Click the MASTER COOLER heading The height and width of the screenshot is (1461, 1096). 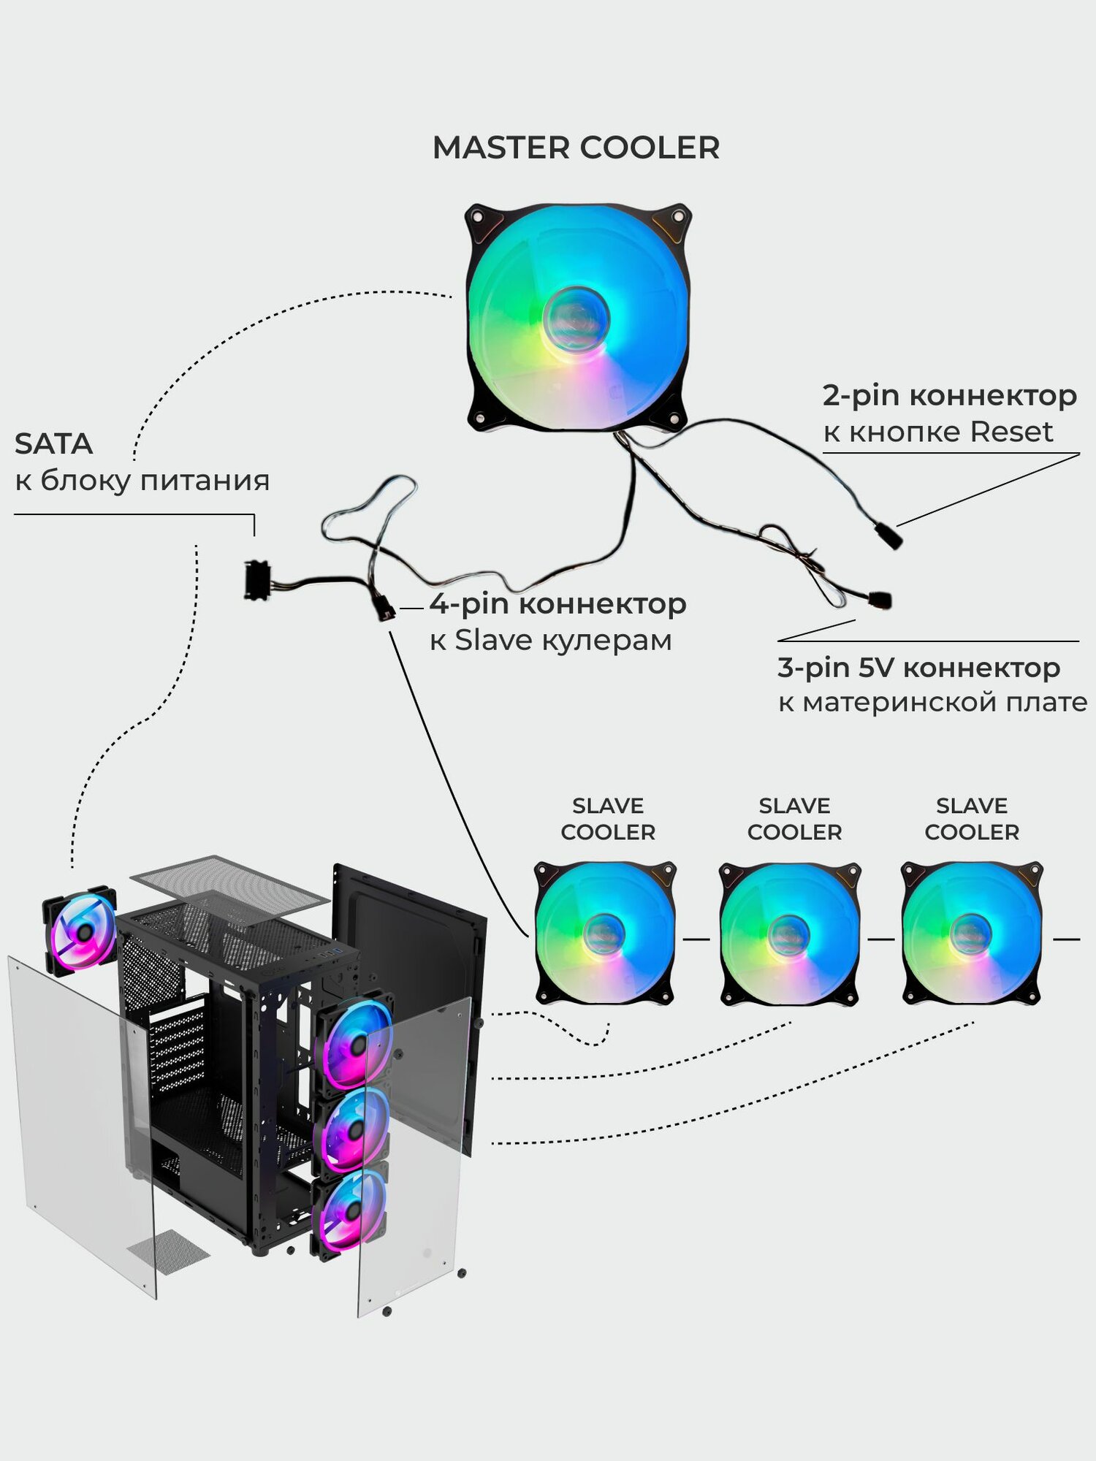tap(576, 148)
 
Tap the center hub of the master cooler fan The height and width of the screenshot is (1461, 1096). tap(576, 318)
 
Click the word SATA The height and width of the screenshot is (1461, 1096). tap(53, 444)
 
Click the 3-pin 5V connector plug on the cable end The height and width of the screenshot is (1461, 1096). tap(880, 600)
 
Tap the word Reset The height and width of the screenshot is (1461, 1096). tap(1011, 432)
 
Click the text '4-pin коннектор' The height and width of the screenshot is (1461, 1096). tap(557, 604)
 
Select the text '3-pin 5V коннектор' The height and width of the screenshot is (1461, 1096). tap(918, 667)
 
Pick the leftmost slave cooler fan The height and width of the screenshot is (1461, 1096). tap(604, 933)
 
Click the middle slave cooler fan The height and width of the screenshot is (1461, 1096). tap(790, 933)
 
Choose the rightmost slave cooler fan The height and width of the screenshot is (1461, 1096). tap(972, 933)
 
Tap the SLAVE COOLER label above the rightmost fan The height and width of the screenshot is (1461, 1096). tap(972, 819)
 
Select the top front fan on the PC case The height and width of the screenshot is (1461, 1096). tap(356, 1045)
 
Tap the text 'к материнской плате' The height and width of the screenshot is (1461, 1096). tap(932, 703)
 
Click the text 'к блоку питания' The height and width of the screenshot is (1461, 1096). tap(142, 481)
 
